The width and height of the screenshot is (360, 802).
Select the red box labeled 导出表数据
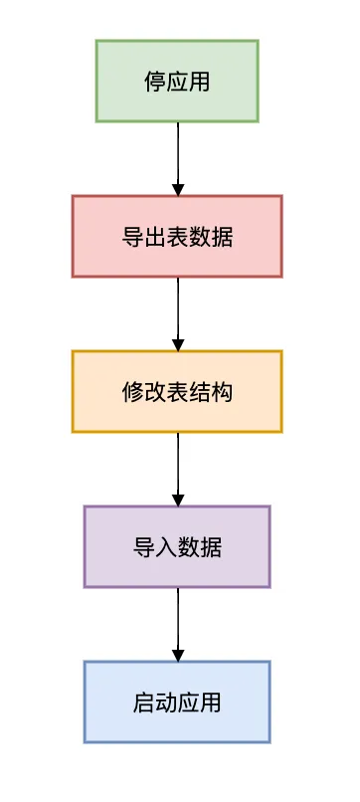pyautogui.click(x=177, y=236)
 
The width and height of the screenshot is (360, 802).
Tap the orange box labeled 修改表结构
pyautogui.click(x=177, y=391)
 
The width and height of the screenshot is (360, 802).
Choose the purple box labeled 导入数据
pyautogui.click(x=177, y=546)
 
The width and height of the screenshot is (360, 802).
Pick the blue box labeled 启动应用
pyautogui.click(x=177, y=702)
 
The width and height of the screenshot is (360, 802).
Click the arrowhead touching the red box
pyautogui.click(x=178, y=189)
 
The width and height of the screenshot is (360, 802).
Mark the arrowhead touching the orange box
pyautogui.click(x=178, y=344)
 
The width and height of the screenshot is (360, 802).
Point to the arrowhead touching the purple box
pyautogui.click(x=178, y=500)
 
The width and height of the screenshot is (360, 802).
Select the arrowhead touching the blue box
pyautogui.click(x=178, y=655)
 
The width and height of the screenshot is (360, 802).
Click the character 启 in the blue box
pyautogui.click(x=144, y=702)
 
